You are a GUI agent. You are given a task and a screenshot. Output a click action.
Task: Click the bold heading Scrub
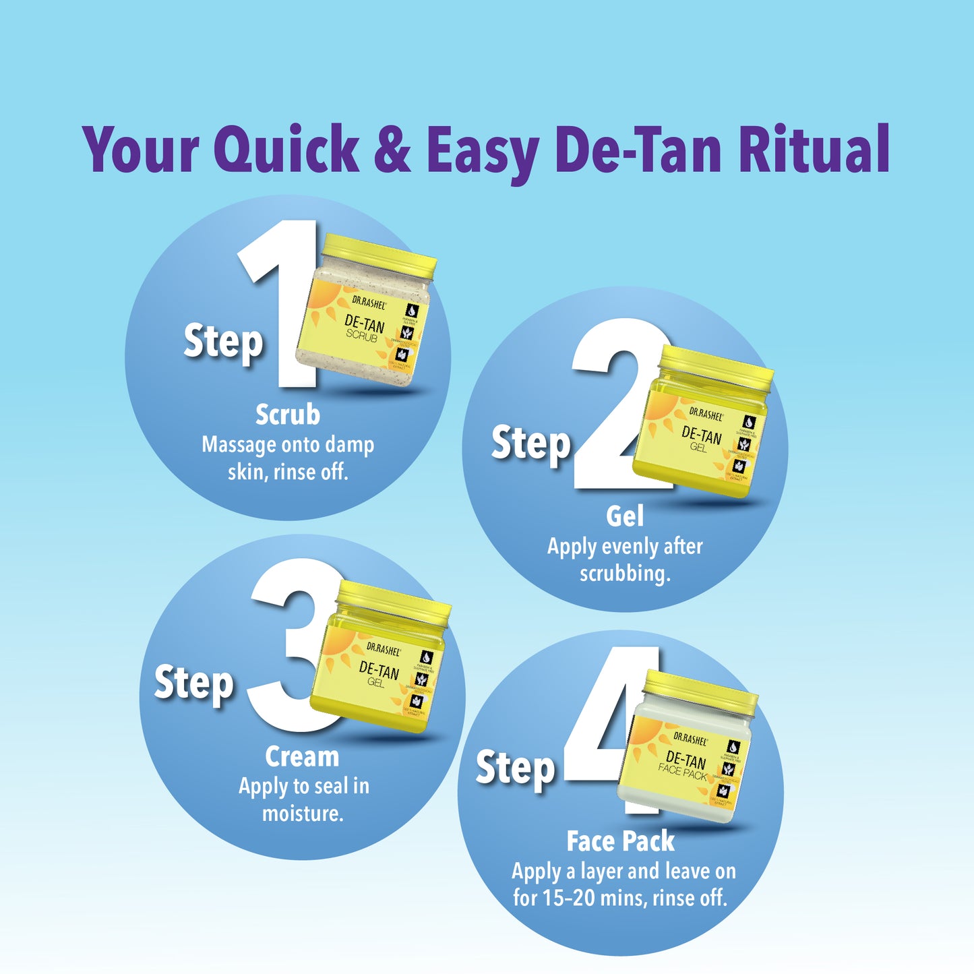click(x=288, y=415)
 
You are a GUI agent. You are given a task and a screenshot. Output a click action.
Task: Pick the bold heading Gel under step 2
click(x=624, y=516)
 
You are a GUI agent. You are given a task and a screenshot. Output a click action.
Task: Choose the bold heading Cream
click(x=302, y=756)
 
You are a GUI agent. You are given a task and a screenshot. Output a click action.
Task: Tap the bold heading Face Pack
click(x=620, y=841)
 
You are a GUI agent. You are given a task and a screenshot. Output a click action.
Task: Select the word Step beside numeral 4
click(x=515, y=768)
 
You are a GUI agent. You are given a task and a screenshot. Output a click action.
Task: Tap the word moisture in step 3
click(x=302, y=814)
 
